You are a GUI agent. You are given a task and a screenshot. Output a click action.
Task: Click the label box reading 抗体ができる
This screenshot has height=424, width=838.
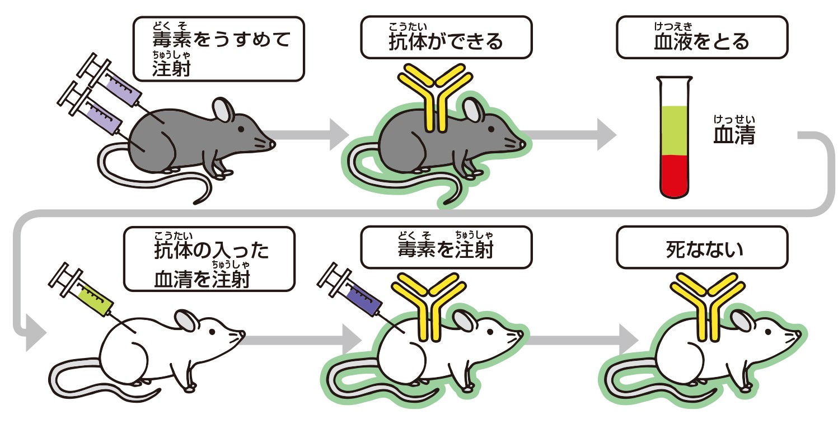446,37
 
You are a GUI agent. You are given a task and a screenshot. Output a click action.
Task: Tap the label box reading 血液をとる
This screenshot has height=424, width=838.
701,37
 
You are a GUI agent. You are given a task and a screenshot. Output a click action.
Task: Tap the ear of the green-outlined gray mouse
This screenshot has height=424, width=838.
474,110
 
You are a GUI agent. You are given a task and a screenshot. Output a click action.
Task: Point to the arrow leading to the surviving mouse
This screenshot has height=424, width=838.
582,340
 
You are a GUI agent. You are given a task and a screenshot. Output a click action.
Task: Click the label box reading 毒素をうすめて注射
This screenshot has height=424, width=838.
218,48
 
